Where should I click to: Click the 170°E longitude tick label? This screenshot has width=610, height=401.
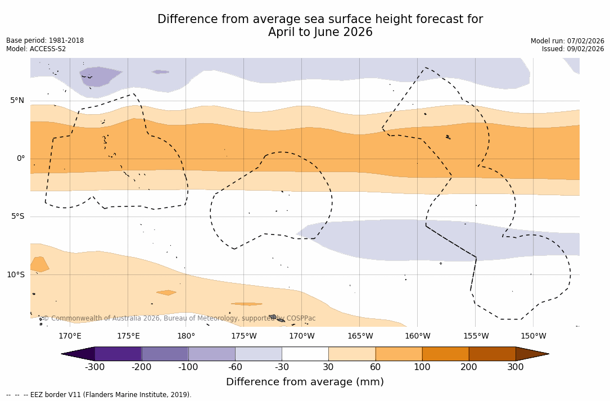click(x=70, y=336)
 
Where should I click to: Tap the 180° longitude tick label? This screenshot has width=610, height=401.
click(x=186, y=336)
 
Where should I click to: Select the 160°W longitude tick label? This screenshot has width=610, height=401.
click(x=418, y=336)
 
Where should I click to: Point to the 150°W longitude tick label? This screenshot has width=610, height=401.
click(x=533, y=336)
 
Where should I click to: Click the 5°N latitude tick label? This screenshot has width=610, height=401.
click(x=17, y=101)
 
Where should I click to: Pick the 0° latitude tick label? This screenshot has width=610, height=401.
click(x=21, y=159)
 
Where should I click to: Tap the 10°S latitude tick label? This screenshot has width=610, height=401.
click(x=15, y=274)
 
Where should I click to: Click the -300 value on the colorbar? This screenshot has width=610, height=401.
click(x=95, y=367)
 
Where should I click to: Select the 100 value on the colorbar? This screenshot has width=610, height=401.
click(x=422, y=367)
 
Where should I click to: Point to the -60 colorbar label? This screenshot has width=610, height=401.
click(x=235, y=367)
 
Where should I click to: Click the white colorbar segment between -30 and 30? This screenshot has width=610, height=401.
click(x=305, y=354)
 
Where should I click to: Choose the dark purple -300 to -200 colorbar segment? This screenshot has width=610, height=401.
click(x=118, y=354)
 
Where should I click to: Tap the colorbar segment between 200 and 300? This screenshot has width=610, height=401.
click(x=492, y=354)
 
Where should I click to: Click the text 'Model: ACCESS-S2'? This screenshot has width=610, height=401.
click(x=36, y=49)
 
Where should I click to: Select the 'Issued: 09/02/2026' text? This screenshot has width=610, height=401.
click(x=573, y=49)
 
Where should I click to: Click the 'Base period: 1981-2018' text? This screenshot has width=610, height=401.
click(x=45, y=40)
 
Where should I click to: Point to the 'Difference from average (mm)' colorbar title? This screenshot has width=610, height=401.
click(x=305, y=382)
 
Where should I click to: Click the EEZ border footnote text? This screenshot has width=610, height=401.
click(x=99, y=395)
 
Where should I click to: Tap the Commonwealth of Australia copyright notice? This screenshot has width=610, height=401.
click(x=179, y=318)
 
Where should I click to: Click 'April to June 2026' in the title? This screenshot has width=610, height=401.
click(x=320, y=33)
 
